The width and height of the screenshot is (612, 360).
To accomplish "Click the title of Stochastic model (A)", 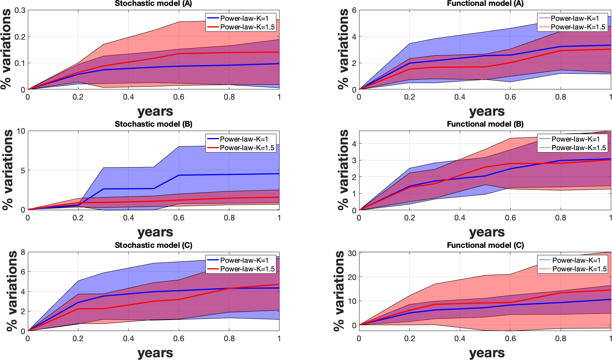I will click(x=153, y=4).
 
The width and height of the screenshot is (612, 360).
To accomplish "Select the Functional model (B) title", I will click(x=485, y=124).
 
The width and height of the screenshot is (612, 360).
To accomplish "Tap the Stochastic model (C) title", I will click(x=153, y=245).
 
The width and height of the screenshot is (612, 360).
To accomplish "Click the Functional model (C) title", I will click(x=485, y=245).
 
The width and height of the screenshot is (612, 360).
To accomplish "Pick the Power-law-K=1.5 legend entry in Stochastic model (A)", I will click(x=247, y=27).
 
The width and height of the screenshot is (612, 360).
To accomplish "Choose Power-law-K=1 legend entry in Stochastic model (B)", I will click(x=244, y=139).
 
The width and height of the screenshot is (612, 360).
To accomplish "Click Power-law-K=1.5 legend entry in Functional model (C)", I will click(x=579, y=269).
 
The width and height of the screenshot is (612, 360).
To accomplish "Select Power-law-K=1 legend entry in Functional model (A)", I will click(x=575, y=18).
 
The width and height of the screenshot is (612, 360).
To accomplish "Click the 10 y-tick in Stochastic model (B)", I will click(x=20, y=131).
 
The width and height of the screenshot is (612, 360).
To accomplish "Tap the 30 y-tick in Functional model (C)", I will click(x=352, y=253).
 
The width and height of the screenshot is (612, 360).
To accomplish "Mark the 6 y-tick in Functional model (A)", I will click(x=354, y=10).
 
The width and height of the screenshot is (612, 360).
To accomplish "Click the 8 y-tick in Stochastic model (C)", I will click(x=23, y=252).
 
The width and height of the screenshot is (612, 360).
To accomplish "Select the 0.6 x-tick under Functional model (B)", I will click(x=510, y=218).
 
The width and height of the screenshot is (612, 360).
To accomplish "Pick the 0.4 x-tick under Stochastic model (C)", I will click(x=128, y=338).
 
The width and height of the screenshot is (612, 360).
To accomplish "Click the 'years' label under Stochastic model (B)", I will click(x=155, y=232).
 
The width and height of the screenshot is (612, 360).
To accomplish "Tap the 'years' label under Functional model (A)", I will click(x=487, y=111).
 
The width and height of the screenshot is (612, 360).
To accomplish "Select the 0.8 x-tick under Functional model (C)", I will click(x=561, y=338).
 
